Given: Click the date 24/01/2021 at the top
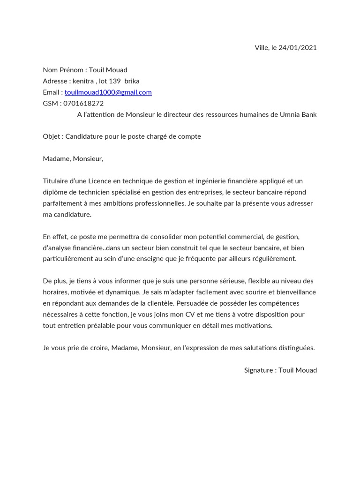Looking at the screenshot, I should [x=298, y=48].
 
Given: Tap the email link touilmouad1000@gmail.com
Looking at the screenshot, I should [x=108, y=92].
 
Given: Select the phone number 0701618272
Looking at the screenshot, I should [x=84, y=103].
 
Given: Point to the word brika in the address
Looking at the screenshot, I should [x=132, y=81].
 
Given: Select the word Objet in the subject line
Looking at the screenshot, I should [x=51, y=136].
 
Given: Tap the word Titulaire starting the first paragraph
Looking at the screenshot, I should [x=56, y=181].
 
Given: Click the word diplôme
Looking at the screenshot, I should [x=56, y=192].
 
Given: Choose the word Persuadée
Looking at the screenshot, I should [x=193, y=303].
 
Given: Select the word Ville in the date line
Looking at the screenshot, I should [x=262, y=48].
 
